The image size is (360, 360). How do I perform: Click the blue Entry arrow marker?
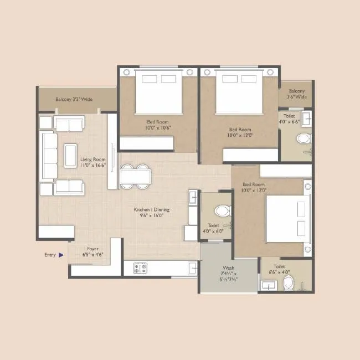(61, 255)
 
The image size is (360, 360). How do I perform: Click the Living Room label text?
(92, 162)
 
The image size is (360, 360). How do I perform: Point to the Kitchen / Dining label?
(152, 213)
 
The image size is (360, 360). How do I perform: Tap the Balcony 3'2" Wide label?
(74, 100)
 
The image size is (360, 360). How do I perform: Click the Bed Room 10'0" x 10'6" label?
(158, 125)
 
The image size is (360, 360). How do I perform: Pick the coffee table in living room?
(71, 156)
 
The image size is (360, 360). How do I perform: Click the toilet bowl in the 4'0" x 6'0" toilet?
(222, 210)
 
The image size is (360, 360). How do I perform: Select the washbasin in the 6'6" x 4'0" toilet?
(269, 286)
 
